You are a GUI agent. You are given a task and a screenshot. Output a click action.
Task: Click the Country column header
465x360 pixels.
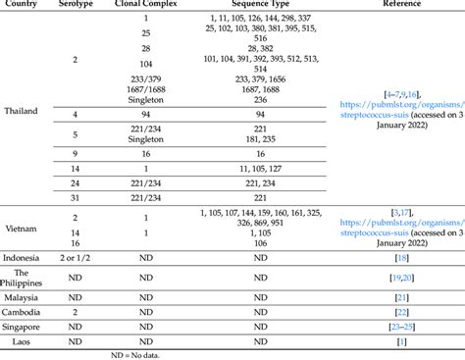point(22,5)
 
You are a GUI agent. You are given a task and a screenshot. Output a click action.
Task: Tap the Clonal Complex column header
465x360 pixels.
point(145,5)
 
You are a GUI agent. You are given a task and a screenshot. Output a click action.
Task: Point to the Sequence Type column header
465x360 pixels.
point(260,5)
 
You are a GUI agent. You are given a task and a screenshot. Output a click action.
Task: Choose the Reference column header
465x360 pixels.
point(401,5)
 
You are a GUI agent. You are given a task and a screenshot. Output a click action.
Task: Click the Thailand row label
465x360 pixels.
point(22,111)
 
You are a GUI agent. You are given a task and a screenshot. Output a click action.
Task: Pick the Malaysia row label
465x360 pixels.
point(22,295)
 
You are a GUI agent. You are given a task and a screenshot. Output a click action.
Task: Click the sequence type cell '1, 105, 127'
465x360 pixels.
point(260,169)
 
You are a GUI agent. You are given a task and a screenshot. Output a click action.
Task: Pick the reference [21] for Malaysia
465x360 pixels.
point(401,295)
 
